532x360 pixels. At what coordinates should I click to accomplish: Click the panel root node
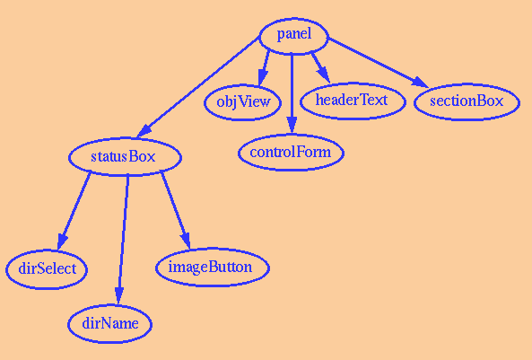[x=294, y=36]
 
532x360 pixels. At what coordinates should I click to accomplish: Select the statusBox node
[x=125, y=157]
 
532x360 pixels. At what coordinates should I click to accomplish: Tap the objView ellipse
[x=242, y=102]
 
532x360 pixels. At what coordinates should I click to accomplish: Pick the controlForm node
[x=291, y=153]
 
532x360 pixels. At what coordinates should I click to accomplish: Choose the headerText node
[x=353, y=101]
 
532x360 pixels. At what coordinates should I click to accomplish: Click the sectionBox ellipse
[x=467, y=101]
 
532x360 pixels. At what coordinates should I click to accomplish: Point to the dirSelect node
[x=47, y=269]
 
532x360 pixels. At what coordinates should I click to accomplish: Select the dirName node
[x=110, y=324]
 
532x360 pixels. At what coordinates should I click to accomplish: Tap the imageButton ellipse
[x=213, y=268]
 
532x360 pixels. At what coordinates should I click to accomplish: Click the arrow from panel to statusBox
[x=198, y=86]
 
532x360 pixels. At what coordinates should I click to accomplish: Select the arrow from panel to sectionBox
[x=378, y=63]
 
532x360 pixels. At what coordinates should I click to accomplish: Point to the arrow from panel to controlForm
[x=292, y=93]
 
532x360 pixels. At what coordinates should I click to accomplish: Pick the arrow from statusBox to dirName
[x=123, y=240]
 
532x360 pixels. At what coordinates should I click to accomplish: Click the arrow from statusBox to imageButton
[x=176, y=211]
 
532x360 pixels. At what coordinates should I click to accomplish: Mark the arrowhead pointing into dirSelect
[x=61, y=241]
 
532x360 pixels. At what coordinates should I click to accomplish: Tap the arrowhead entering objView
[x=262, y=77]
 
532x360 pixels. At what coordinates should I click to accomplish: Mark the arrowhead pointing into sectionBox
[x=420, y=83]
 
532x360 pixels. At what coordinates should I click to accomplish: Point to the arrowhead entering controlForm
[x=292, y=126]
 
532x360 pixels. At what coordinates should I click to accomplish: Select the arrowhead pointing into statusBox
[x=144, y=131]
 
